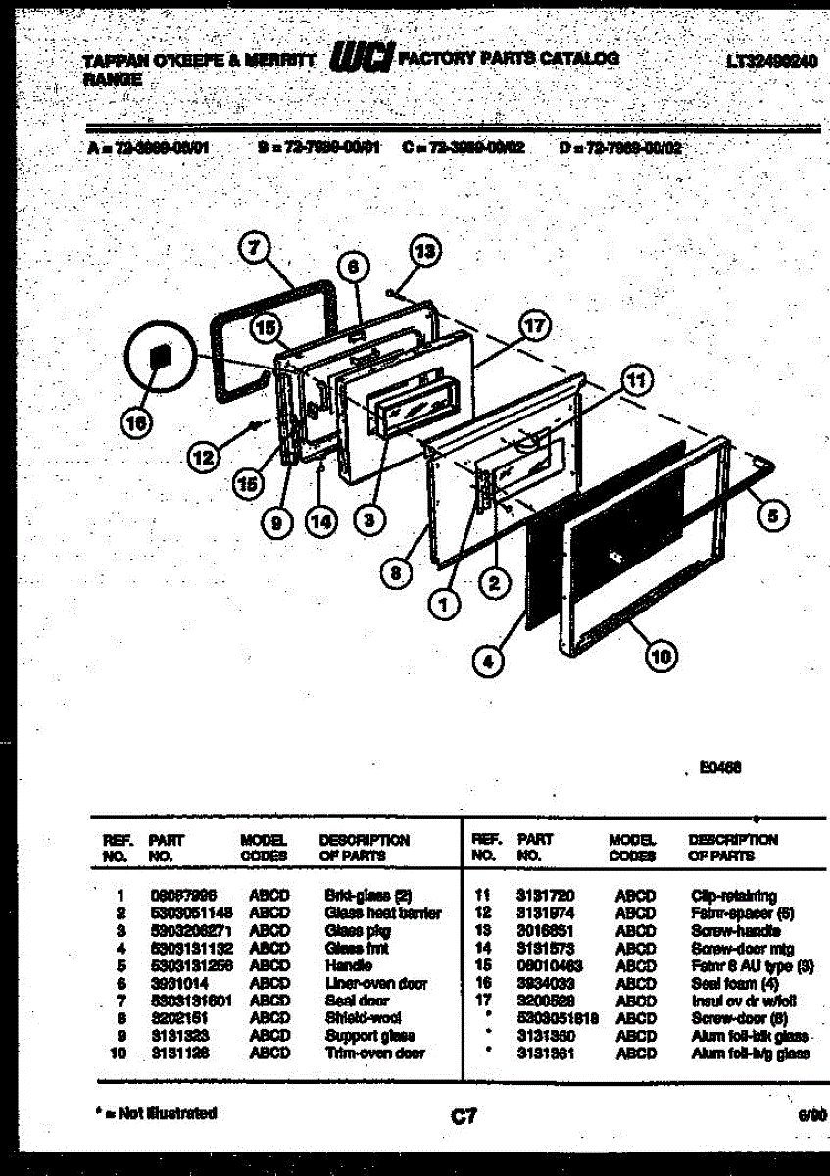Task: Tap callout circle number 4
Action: (x=487, y=661)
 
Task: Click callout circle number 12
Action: (x=204, y=455)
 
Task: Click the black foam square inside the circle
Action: (x=157, y=359)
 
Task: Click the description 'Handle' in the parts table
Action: (x=348, y=965)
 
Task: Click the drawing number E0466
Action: (x=719, y=769)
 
